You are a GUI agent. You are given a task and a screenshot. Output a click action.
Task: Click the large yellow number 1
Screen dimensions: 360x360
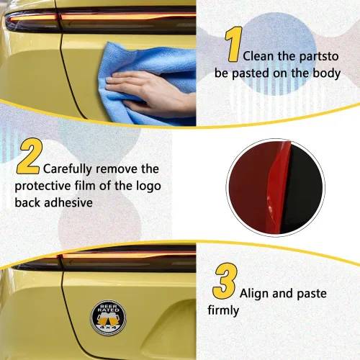(x=234, y=44)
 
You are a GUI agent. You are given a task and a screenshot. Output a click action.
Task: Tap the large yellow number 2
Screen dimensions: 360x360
(x=30, y=156)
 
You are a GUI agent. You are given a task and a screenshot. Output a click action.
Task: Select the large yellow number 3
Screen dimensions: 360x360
(x=225, y=281)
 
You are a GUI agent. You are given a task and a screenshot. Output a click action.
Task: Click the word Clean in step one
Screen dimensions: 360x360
(x=258, y=56)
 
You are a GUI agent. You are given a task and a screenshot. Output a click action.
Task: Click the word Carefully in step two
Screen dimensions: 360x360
(x=67, y=169)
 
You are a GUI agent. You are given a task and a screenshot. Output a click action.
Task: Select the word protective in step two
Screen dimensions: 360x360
(x=42, y=186)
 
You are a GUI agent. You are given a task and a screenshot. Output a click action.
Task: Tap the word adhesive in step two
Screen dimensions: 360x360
(x=68, y=202)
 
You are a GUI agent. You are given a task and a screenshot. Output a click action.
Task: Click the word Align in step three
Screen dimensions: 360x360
(x=254, y=294)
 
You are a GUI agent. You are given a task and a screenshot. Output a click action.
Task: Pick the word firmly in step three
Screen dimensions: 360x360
(x=223, y=310)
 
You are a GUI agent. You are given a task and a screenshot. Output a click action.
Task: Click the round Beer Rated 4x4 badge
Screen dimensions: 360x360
(x=109, y=318)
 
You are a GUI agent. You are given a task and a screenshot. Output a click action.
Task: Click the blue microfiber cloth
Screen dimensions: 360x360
(x=146, y=81)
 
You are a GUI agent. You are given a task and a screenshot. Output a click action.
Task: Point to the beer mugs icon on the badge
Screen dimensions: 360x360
(x=108, y=319)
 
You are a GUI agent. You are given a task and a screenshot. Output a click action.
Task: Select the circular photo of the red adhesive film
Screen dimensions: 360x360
(x=276, y=188)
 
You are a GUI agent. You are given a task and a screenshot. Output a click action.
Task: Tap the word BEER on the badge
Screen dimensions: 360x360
(x=109, y=306)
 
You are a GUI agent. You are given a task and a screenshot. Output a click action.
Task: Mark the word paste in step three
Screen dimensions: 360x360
(x=312, y=294)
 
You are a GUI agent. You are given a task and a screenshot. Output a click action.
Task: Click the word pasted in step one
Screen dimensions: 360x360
(x=251, y=73)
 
